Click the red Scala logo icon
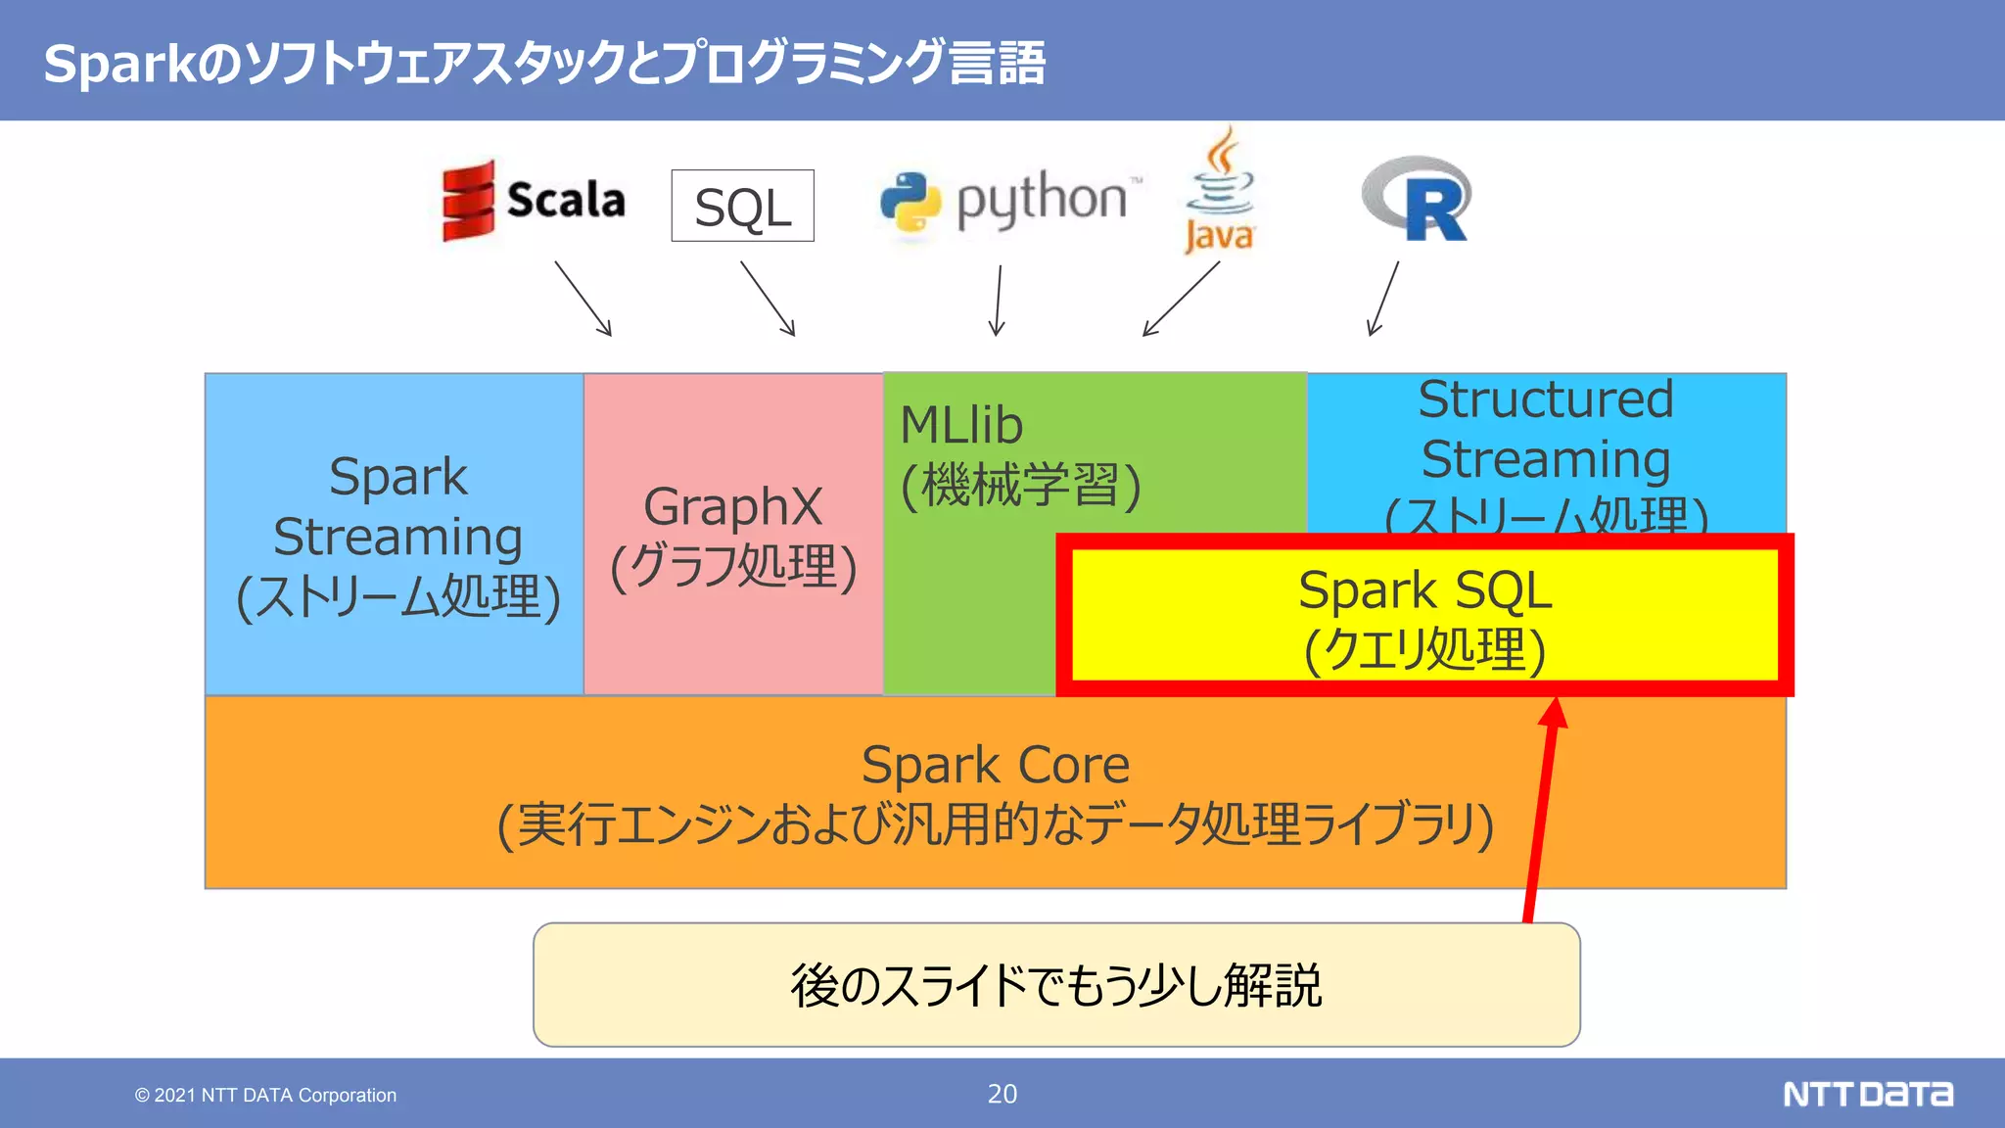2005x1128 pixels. [x=468, y=201]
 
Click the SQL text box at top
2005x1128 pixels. [x=742, y=206]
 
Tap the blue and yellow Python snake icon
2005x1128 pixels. [x=909, y=202]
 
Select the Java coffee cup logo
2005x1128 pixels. [x=1220, y=191]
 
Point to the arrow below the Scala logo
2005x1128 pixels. [x=583, y=298]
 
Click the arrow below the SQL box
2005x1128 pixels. [x=768, y=298]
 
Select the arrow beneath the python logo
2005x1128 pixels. [x=998, y=299]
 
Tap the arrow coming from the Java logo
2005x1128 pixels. [x=1181, y=299]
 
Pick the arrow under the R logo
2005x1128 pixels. [x=1383, y=298]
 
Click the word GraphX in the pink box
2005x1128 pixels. [x=732, y=507]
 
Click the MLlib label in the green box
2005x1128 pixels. [x=960, y=425]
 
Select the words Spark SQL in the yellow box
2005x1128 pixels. [x=1424, y=590]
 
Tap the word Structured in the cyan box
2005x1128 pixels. [x=1546, y=399]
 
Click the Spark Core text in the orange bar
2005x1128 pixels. [x=995, y=765]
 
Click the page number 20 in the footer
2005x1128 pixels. [x=1002, y=1094]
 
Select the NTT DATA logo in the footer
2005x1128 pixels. [x=1867, y=1094]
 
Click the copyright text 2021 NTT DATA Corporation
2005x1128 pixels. [x=266, y=1095]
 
